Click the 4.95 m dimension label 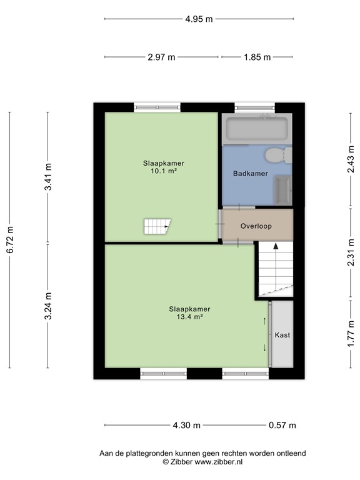tap(199, 19)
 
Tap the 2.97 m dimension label tap(161, 57)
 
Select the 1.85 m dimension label tap(257, 57)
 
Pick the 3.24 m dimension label tap(48, 306)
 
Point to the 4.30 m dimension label tap(187, 426)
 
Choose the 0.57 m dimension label tap(282, 426)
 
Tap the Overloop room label tap(256, 226)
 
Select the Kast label tap(282, 335)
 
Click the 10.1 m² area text tap(163, 171)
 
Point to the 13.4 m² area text tap(189, 316)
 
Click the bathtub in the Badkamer tap(256, 129)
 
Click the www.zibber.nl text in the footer tap(219, 461)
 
